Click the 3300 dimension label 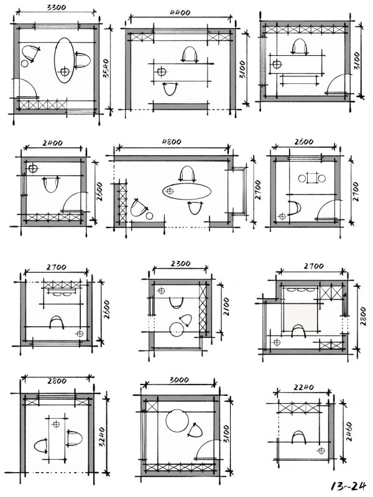(57, 7)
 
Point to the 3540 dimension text (106, 68)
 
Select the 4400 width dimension (180, 12)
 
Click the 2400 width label (53, 143)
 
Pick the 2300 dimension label (180, 263)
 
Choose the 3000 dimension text (179, 380)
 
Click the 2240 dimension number (303, 387)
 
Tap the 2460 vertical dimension (349, 431)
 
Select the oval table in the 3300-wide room (65, 60)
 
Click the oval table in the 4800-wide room (187, 191)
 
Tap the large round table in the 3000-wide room (177, 421)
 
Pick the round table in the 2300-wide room (177, 329)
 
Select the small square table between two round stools (312, 178)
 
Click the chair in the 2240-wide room (299, 437)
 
